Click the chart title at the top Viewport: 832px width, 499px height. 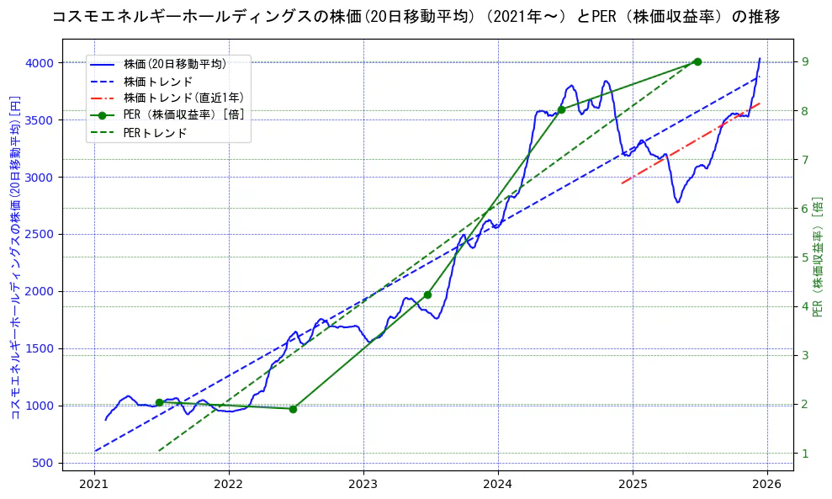pyautogui.click(x=416, y=16)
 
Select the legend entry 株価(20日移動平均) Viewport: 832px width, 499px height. pyautogui.click(x=174, y=64)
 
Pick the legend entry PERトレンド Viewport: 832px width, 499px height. pyautogui.click(x=155, y=133)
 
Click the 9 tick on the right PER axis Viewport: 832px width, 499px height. pyautogui.click(x=805, y=61)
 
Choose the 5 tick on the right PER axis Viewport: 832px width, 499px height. pyautogui.click(x=805, y=257)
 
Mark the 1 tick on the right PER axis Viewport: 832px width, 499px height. pyautogui.click(x=805, y=454)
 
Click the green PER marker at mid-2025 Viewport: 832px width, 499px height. pyautogui.click(x=697, y=61)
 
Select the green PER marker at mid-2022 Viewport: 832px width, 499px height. pyautogui.click(x=293, y=409)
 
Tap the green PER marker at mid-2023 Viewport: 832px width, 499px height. pyautogui.click(x=427, y=295)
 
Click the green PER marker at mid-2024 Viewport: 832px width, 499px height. pyautogui.click(x=561, y=109)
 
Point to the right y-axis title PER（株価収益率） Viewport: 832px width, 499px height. pyautogui.click(x=819, y=257)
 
